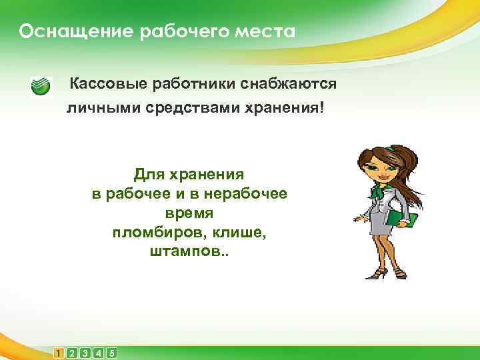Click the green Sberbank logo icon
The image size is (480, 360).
click(41, 87)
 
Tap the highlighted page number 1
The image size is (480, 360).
click(59, 353)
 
